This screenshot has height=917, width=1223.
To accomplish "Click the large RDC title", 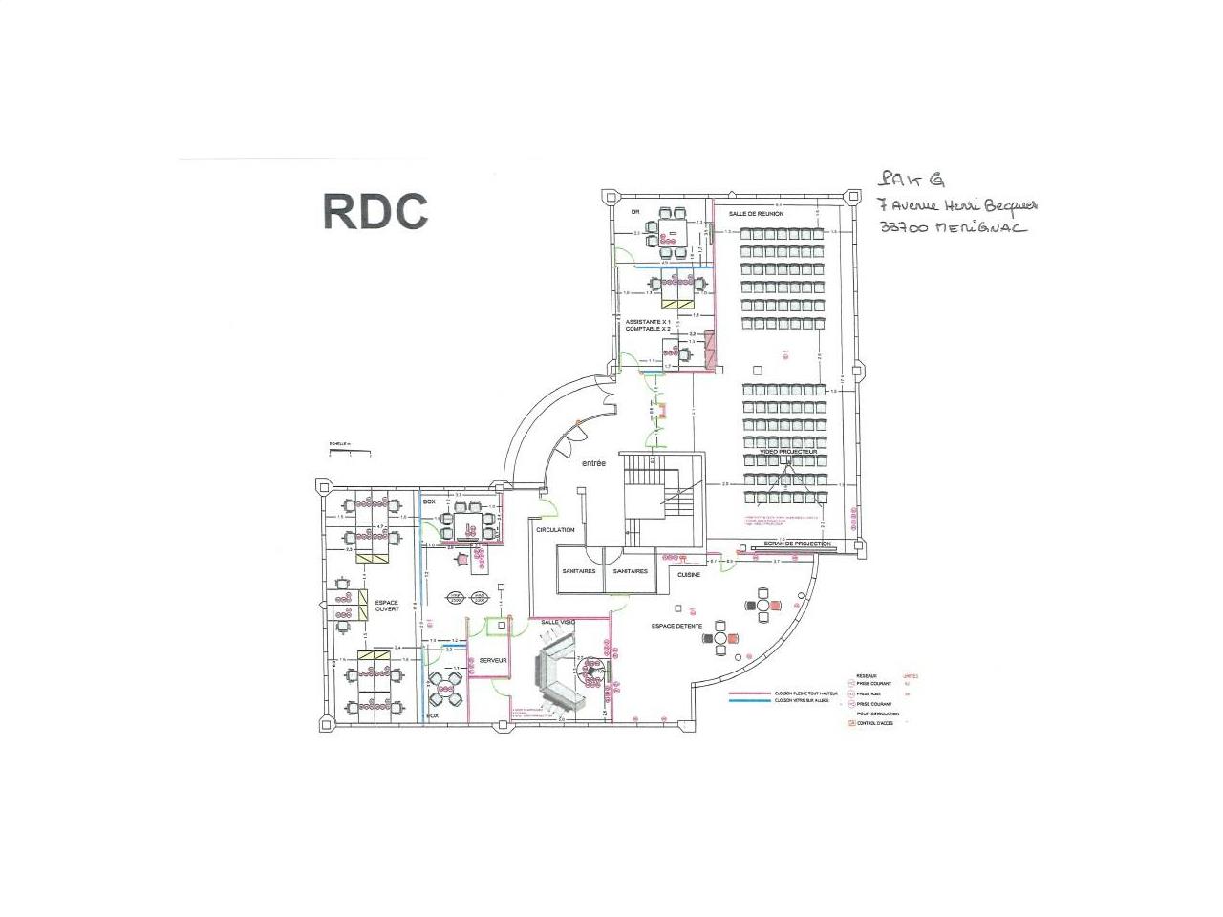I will tap(375, 211).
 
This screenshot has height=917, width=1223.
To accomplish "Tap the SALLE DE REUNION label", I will tap(756, 214).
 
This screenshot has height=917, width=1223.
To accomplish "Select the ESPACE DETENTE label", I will tap(676, 626).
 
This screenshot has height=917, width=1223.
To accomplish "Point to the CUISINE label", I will tap(689, 575).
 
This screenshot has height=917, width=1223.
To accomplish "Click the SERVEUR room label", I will tap(493, 660).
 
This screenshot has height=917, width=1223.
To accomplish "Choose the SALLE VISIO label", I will tap(557, 622).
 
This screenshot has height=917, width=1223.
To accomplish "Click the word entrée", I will tap(592, 463).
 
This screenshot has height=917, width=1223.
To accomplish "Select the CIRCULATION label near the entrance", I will tap(555, 529).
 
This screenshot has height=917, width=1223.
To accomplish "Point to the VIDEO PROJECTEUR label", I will tap(782, 452).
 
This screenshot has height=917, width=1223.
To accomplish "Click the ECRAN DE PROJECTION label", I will tap(791, 544).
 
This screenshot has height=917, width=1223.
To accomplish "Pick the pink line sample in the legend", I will tap(749, 693).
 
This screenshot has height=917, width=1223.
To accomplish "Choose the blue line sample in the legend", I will tap(749, 701).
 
